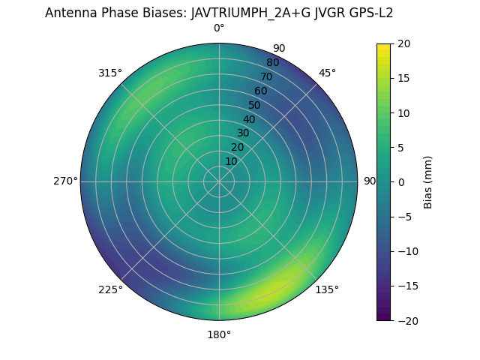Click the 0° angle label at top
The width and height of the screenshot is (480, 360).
point(219,28)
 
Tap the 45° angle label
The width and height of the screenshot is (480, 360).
point(328,73)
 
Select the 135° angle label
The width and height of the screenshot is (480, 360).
point(327,289)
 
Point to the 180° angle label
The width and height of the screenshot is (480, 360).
point(219,334)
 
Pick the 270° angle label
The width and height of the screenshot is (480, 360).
point(65,181)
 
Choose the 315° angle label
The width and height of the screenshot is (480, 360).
point(110,73)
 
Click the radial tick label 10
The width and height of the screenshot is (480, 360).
point(232,161)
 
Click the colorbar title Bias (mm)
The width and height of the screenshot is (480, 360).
point(428,181)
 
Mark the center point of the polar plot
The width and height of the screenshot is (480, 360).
point(219,181)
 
